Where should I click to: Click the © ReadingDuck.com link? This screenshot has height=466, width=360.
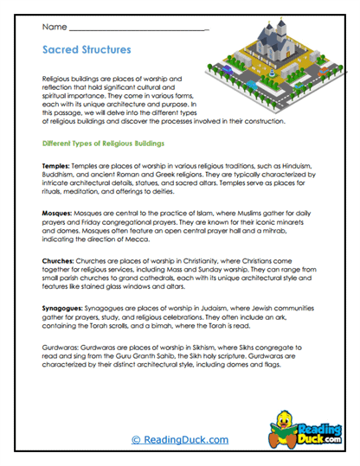(x=179, y=439)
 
